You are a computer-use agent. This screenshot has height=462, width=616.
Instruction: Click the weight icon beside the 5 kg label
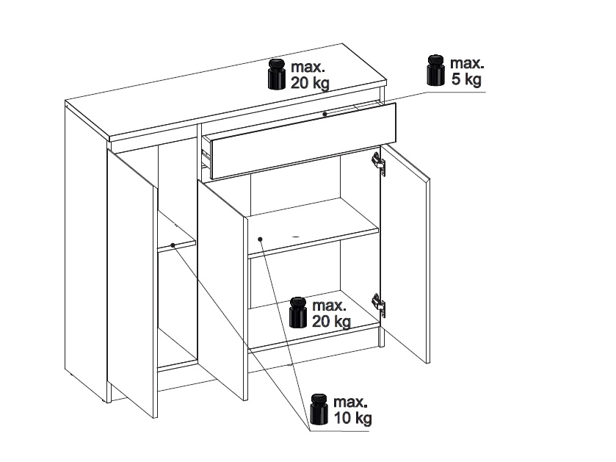(435, 71)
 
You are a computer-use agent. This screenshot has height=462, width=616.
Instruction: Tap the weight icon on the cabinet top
(277, 75)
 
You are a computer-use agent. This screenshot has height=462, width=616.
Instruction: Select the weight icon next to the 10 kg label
(319, 409)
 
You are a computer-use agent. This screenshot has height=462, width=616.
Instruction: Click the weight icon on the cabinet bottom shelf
(298, 312)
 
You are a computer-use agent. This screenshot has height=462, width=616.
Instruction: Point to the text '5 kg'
(466, 79)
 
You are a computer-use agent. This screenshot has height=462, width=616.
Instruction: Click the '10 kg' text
(352, 418)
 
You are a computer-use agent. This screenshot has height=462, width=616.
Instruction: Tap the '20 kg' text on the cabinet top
(310, 83)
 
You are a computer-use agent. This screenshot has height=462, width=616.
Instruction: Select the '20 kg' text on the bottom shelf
(332, 321)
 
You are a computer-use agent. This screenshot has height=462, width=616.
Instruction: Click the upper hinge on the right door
(378, 162)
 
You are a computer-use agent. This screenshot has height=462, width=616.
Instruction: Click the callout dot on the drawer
(325, 114)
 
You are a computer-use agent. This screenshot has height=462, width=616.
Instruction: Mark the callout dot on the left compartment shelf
(173, 245)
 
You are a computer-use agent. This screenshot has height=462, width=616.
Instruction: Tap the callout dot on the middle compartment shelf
(260, 239)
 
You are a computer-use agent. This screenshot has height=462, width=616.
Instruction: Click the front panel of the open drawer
(303, 140)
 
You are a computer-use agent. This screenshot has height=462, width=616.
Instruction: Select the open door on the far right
(405, 254)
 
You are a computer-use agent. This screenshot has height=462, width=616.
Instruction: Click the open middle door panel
(222, 290)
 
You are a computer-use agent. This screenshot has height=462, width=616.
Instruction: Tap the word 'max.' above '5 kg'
(467, 63)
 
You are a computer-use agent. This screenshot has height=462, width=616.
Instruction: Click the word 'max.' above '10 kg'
(350, 402)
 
